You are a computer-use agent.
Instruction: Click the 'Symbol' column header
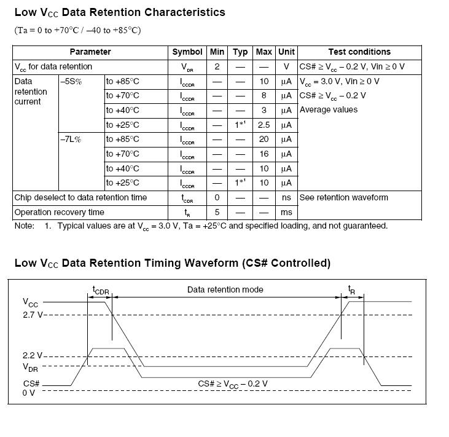[187, 52]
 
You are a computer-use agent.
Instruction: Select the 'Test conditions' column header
[359, 52]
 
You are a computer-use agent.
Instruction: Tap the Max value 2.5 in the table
[264, 125]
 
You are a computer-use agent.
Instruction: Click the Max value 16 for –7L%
[264, 154]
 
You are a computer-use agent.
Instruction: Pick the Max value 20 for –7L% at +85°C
[264, 140]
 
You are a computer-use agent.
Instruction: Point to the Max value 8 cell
[264, 96]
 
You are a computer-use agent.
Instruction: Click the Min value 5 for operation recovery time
[217, 212]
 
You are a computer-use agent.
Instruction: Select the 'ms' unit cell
[286, 212]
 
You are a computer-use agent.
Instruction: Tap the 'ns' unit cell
[286, 197]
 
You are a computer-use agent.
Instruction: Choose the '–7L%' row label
[71, 140]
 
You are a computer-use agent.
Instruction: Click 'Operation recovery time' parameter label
[59, 212]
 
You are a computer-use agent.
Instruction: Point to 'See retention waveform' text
[344, 197]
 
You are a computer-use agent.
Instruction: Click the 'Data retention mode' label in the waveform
[225, 289]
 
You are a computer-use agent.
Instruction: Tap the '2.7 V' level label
[33, 315]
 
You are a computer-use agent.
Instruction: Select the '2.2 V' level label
[33, 356]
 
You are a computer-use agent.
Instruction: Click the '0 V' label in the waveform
[29, 392]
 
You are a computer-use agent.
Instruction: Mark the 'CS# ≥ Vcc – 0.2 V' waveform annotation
[233, 384]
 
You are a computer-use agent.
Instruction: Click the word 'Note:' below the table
[25, 226]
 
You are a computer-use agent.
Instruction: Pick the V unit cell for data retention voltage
[286, 66]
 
